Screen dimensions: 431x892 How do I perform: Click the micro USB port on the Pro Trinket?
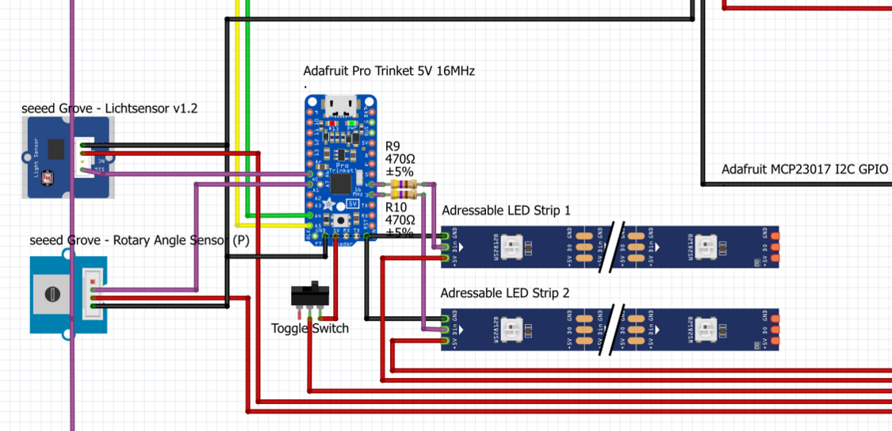point(341,105)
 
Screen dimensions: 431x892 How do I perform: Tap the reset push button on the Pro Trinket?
point(342,220)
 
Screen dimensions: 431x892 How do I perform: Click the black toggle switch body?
point(311,295)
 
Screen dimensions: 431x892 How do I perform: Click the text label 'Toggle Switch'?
point(309,328)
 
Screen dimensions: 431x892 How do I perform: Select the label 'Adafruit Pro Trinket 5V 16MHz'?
point(389,71)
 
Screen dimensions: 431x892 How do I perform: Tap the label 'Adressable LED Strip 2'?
point(505,292)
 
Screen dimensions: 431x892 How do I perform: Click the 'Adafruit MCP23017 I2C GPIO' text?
point(804,170)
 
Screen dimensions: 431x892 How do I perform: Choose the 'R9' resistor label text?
point(392,147)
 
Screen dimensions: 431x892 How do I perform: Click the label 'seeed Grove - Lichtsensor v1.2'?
point(109,109)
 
